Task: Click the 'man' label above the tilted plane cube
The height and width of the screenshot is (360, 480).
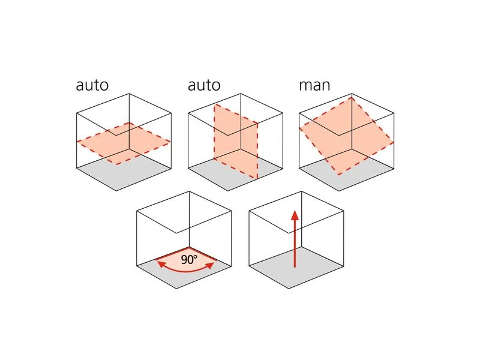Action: (x=314, y=85)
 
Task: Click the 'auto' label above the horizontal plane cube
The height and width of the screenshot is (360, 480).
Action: (x=92, y=85)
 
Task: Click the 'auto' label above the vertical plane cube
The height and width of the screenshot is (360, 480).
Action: (x=204, y=85)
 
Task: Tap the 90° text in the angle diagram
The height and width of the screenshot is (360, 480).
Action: (x=188, y=260)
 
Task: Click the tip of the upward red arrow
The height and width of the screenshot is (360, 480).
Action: (x=295, y=211)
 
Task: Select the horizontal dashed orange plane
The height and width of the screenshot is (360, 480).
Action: (x=123, y=143)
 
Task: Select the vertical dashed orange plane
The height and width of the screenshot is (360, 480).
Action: (x=236, y=141)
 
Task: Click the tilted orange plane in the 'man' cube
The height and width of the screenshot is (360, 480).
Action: (x=346, y=137)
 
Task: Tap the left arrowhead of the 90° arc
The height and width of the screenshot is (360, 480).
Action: (x=159, y=262)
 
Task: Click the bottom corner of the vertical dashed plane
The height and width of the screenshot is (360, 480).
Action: (x=258, y=179)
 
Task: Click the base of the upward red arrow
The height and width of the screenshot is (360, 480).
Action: (x=295, y=266)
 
